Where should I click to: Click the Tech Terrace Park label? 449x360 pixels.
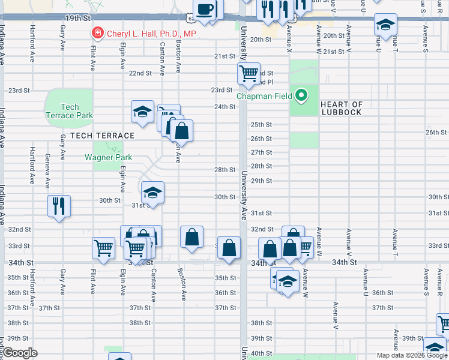tap(70, 111)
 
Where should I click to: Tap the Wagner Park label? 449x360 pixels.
tap(104, 158)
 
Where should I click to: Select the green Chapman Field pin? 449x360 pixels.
tap(302, 95)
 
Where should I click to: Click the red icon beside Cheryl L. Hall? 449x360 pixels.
tap(96, 34)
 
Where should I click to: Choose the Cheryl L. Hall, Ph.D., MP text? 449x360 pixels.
tap(151, 34)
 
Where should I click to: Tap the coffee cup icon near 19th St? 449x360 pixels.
tap(206, 10)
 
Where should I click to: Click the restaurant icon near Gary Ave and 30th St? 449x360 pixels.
tap(59, 206)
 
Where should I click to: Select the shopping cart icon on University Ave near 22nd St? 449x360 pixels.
tap(249, 74)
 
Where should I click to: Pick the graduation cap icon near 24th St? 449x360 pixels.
tap(143, 112)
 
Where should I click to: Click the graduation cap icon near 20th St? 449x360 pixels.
tap(385, 25)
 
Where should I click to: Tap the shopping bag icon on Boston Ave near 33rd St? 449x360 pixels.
tap(191, 236)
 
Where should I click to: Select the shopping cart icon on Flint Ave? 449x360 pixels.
tap(104, 248)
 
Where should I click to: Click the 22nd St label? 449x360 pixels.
tap(140, 73)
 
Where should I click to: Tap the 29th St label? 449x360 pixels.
tap(261, 181)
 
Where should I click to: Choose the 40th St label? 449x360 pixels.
tap(261, 353)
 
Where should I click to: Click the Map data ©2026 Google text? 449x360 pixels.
tap(411, 355)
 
